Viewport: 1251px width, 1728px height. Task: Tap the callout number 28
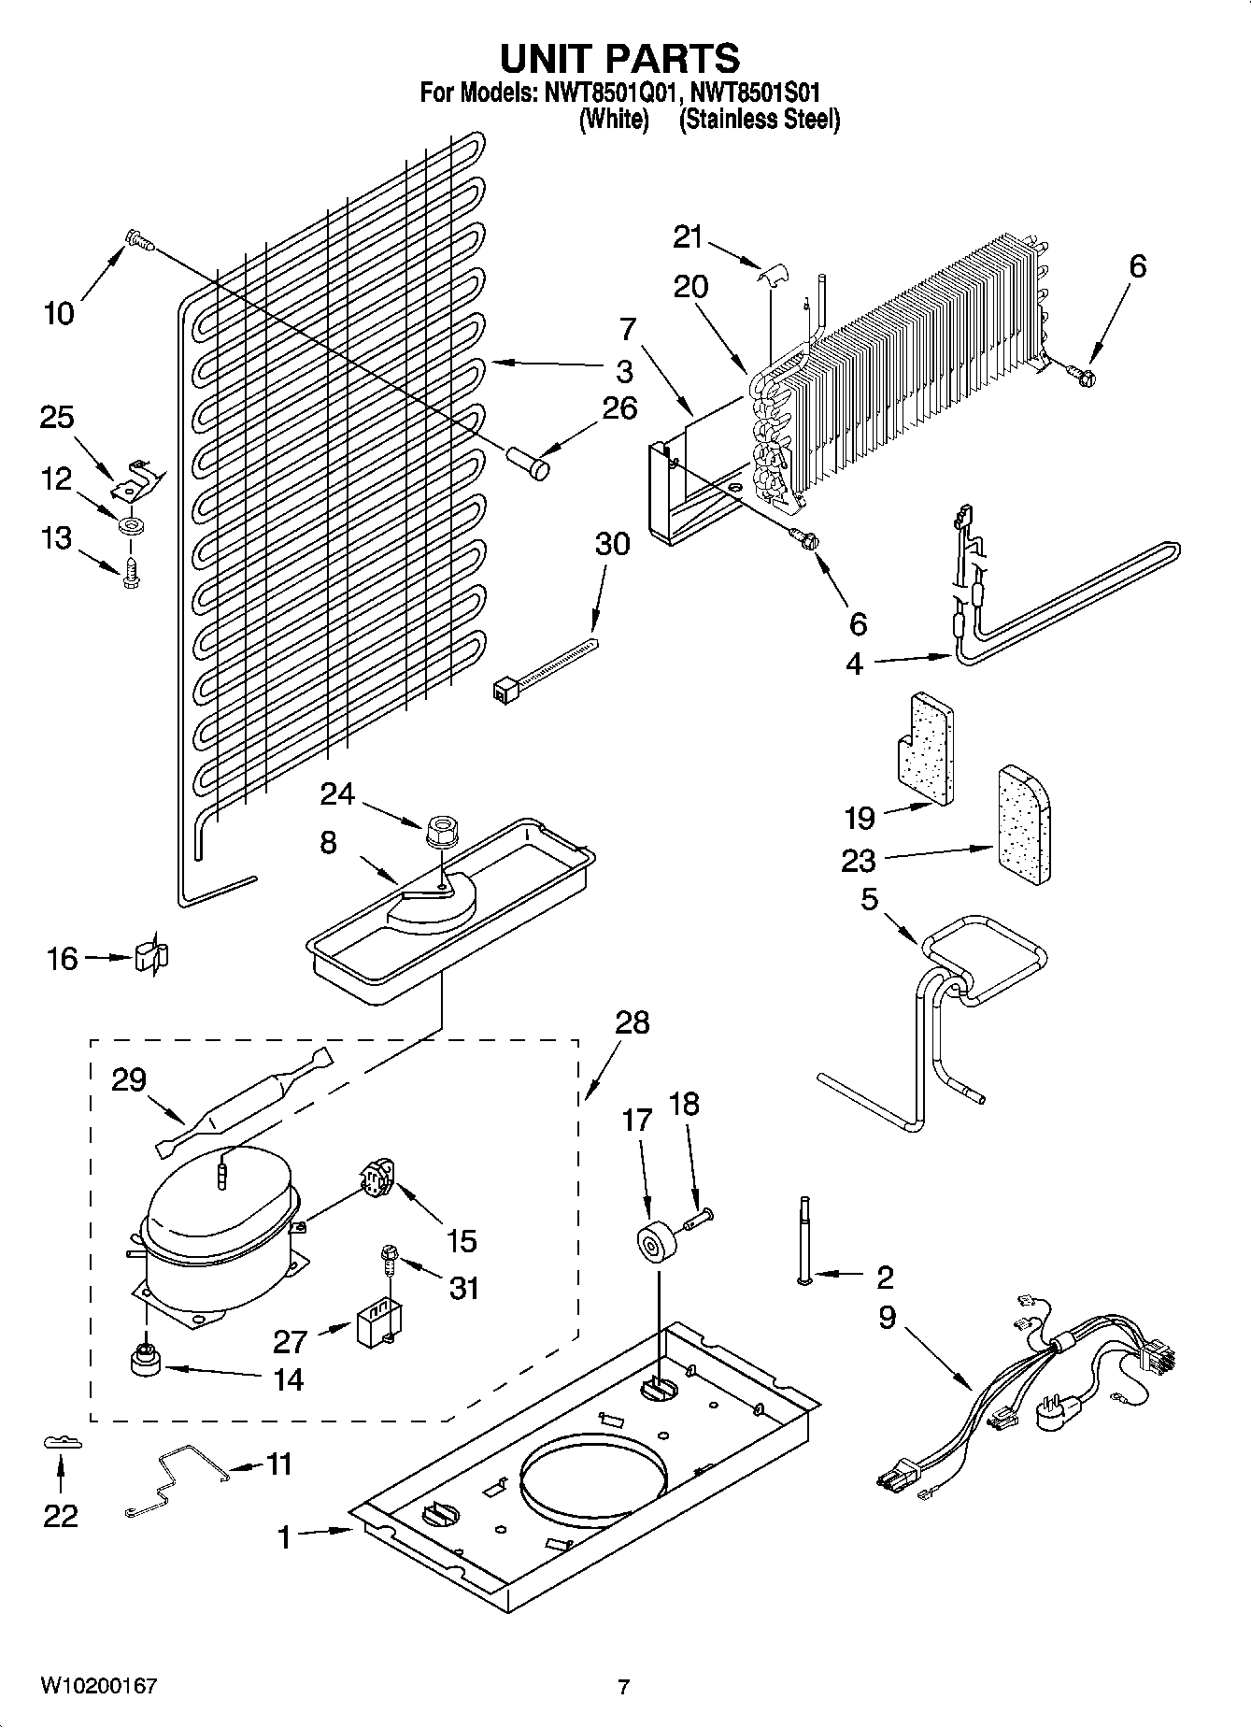[632, 1022]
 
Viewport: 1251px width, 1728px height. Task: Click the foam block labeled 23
[1025, 824]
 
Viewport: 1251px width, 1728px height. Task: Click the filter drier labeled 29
[245, 1102]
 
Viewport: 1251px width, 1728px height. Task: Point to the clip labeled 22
[62, 1443]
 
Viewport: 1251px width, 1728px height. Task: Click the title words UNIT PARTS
[619, 58]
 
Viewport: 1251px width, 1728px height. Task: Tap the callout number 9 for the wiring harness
[886, 1318]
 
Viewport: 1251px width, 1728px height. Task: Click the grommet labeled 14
[145, 1360]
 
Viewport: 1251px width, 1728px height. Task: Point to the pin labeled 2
[803, 1239]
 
